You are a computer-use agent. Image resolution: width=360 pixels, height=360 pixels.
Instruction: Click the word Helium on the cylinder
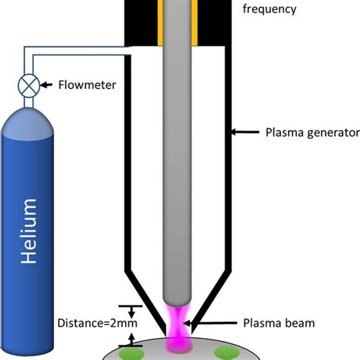coord(29,231)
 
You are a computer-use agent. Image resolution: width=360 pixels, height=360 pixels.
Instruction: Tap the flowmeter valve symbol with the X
coord(28,86)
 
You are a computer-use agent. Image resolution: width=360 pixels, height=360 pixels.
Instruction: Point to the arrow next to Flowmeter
coord(47,86)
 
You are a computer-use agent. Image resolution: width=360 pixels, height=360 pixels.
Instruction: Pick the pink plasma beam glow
coord(181,323)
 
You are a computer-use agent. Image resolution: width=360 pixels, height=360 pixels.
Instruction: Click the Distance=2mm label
coord(93,323)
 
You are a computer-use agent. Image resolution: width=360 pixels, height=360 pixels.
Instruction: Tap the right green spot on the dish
coord(226,350)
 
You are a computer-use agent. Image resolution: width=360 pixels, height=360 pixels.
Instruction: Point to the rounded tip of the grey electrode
coord(180,304)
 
